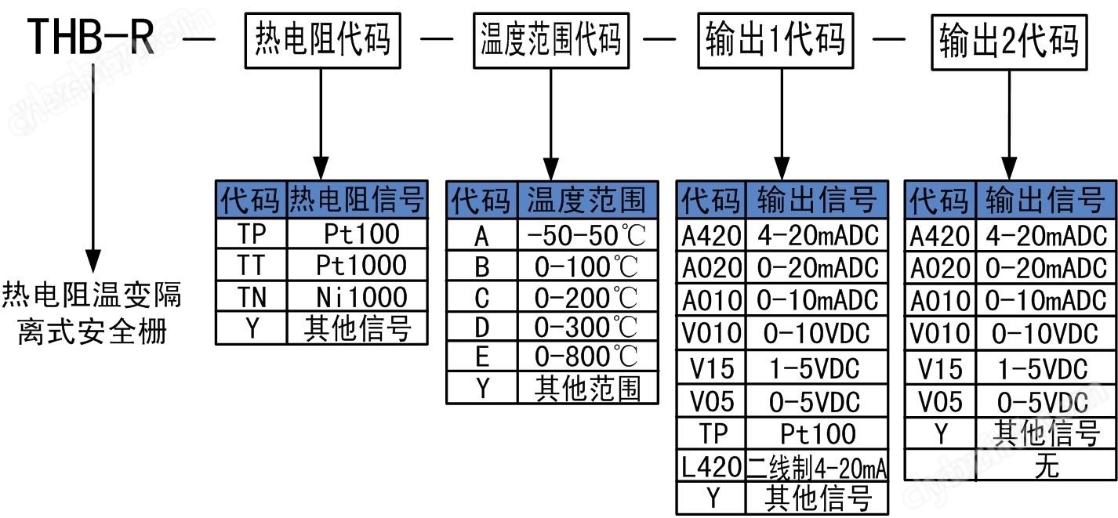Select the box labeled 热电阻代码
pyautogui.click(x=322, y=38)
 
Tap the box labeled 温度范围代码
pyautogui.click(x=550, y=38)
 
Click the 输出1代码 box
pyautogui.click(x=775, y=38)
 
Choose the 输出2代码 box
pyautogui.click(x=1008, y=40)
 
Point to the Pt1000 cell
pyautogui.click(x=361, y=265)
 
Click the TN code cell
pyautogui.click(x=252, y=297)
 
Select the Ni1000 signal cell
pyautogui.click(x=361, y=297)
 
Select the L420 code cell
pyautogui.click(x=710, y=468)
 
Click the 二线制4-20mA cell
pyautogui.click(x=817, y=468)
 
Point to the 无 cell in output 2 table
pyautogui.click(x=1046, y=465)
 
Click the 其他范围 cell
pyautogui.click(x=586, y=389)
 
